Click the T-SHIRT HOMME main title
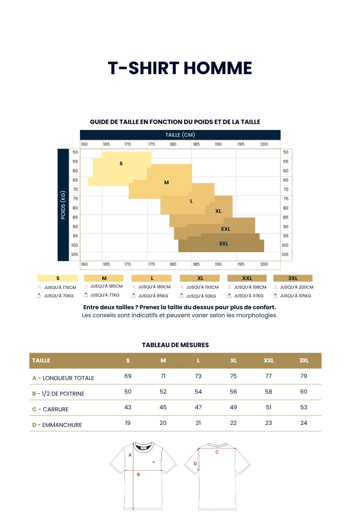180,68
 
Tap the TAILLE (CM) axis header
180,135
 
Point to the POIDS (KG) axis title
63,205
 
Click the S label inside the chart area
121,163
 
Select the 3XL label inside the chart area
224,243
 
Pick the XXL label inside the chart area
225,229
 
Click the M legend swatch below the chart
104,278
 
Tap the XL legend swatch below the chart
200,278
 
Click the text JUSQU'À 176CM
60,287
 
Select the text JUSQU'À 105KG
295,296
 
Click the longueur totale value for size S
128,376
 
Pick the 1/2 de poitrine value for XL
233,392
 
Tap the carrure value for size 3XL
304,407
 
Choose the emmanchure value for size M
163,423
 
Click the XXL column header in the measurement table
269,360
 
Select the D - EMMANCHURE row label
57,425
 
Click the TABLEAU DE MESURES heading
175,345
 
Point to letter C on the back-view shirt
217,452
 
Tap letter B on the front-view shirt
138,474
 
